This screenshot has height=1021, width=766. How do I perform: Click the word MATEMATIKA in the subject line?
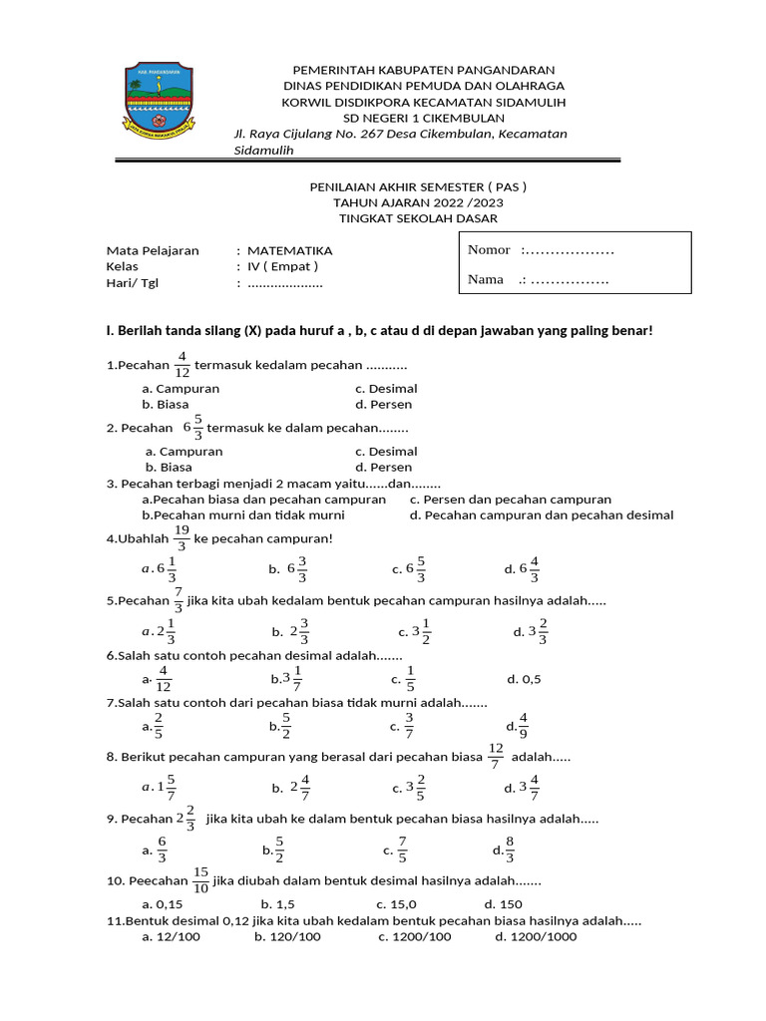pyautogui.click(x=289, y=251)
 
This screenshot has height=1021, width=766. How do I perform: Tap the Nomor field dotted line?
pyautogui.click(x=568, y=250)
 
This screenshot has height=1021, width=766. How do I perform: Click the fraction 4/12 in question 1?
pyautogui.click(x=183, y=365)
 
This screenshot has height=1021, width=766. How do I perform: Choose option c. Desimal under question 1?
pyautogui.click(x=386, y=389)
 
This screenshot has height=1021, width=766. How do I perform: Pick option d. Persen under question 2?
pyautogui.click(x=383, y=467)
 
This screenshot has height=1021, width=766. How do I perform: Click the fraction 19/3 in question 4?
pyautogui.click(x=182, y=538)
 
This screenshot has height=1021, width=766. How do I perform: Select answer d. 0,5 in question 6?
pyautogui.click(x=524, y=680)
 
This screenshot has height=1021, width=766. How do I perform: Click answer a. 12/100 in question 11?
pyautogui.click(x=176, y=937)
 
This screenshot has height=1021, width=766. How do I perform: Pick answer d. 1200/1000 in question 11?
pyautogui.click(x=535, y=937)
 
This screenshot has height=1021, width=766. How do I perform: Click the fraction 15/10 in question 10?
pyautogui.click(x=200, y=880)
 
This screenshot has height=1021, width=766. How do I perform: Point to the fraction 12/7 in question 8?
pyautogui.click(x=496, y=757)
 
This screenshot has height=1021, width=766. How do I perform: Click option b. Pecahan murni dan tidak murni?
pyautogui.click(x=243, y=515)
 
